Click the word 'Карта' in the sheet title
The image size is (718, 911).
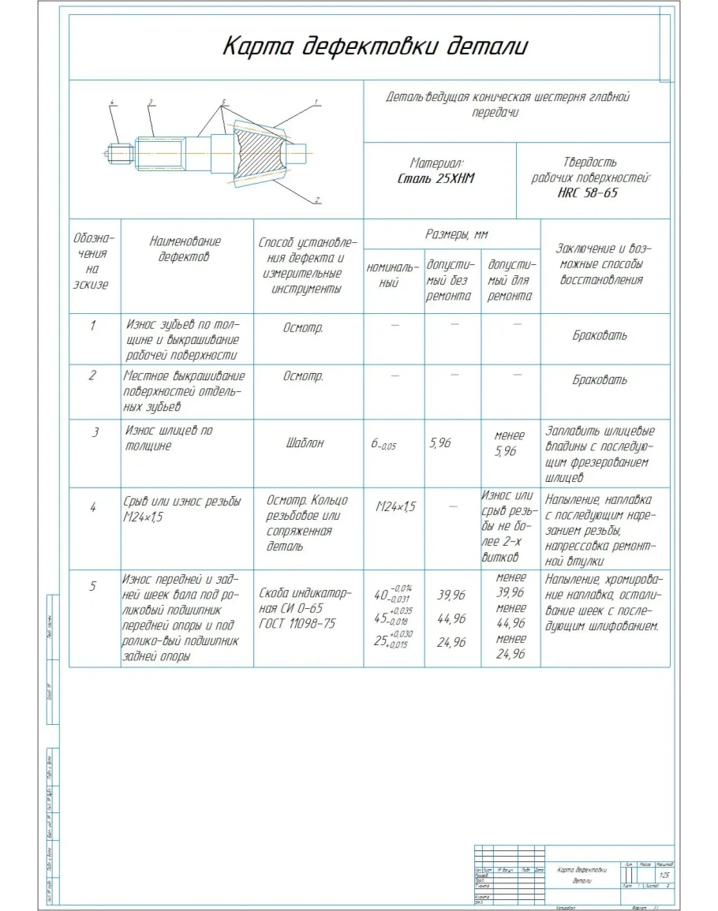click(x=252, y=46)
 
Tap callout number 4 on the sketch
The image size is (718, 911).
click(x=112, y=103)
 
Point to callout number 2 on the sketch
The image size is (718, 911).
click(x=316, y=200)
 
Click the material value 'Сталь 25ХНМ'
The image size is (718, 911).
click(x=436, y=179)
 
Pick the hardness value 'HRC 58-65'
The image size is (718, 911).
click(x=588, y=193)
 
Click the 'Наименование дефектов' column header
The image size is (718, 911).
click(x=185, y=248)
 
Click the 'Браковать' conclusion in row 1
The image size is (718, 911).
click(x=600, y=335)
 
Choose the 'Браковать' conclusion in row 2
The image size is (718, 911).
click(x=600, y=380)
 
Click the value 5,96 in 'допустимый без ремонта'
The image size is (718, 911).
click(x=439, y=443)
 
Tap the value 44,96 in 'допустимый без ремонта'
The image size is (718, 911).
click(x=451, y=618)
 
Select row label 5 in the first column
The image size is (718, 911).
click(x=93, y=586)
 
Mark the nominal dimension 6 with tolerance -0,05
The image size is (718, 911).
click(x=383, y=445)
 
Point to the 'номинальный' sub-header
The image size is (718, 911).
click(x=393, y=274)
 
